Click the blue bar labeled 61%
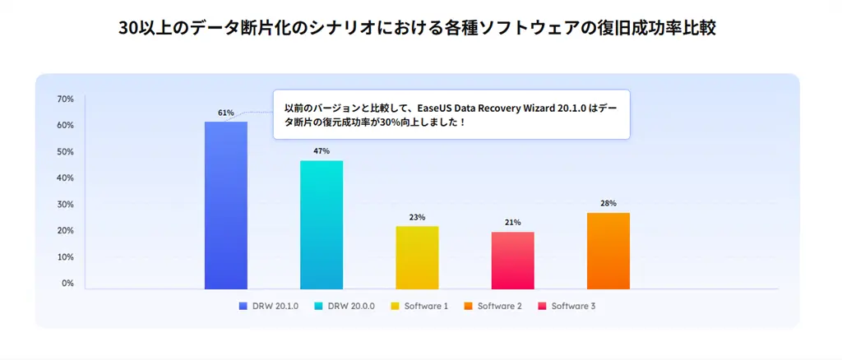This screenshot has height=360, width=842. tap(226, 205)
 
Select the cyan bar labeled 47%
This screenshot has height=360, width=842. tap(322, 224)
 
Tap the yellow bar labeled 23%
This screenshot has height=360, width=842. tap(417, 257)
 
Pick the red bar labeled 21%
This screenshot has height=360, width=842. tap(512, 260)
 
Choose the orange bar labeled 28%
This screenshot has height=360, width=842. tap(608, 251)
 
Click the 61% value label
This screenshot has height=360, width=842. tap(226, 113)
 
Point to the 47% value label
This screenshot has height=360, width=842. tap(321, 151)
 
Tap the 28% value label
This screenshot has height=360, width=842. tap(608, 203)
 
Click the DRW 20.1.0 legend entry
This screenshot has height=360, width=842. tap(271, 306)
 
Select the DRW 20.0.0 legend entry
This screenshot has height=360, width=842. tap(345, 306)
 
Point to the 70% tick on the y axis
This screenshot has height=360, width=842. tap(66, 99)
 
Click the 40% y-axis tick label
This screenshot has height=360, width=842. tap(66, 178)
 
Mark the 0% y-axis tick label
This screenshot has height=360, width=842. tap(67, 284)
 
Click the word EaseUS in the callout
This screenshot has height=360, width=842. tap(413, 108)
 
